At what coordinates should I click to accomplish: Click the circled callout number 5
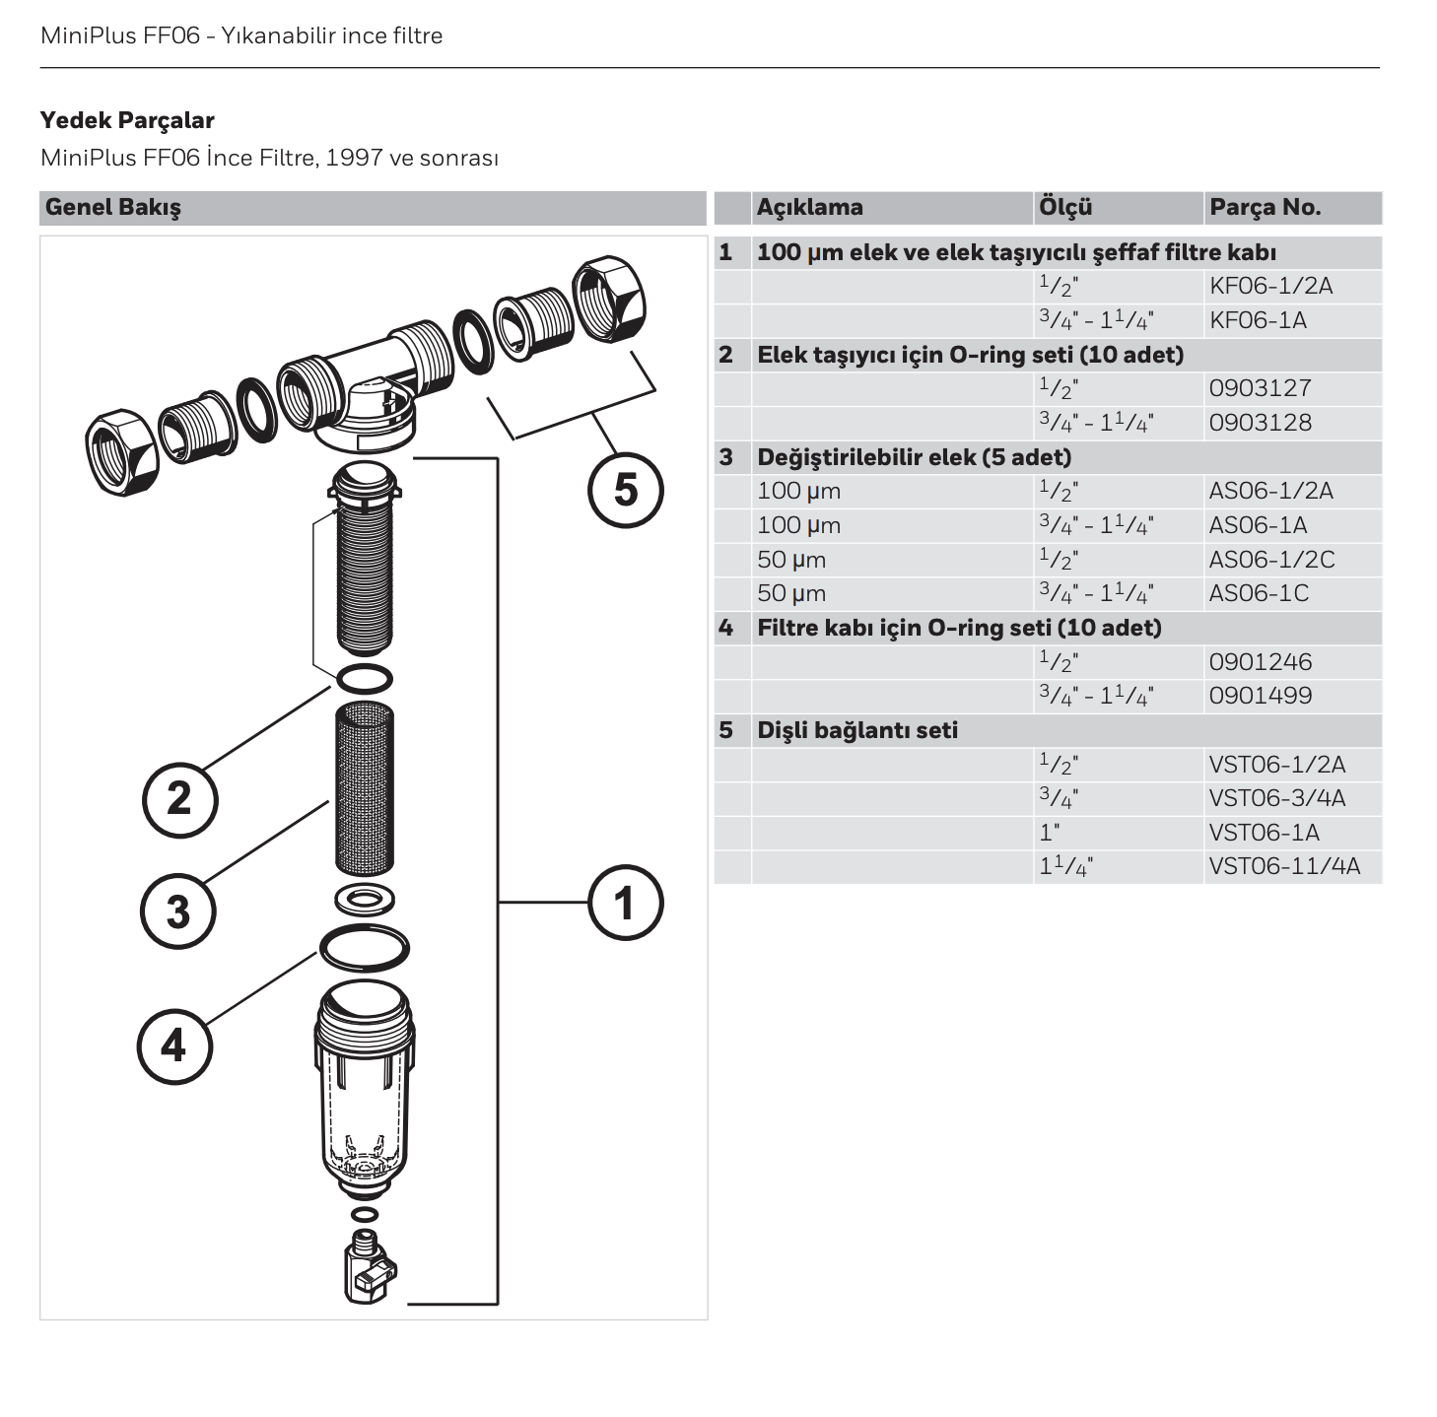(x=626, y=490)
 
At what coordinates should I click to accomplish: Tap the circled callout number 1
(x=626, y=903)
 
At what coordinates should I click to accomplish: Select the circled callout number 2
(x=179, y=798)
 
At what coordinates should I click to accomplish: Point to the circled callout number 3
(x=177, y=911)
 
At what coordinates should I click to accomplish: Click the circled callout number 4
(x=174, y=1046)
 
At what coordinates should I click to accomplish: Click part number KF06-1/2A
(x=1270, y=287)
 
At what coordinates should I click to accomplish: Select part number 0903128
(x=1261, y=423)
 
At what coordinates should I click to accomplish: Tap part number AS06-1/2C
(x=1271, y=560)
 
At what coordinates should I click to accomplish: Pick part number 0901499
(x=1261, y=696)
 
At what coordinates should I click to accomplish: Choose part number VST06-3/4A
(x=1276, y=798)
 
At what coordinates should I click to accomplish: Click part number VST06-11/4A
(x=1284, y=866)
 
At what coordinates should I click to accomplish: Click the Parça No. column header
(x=1265, y=208)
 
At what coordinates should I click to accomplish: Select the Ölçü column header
(x=1065, y=208)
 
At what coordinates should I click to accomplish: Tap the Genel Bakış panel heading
(x=113, y=208)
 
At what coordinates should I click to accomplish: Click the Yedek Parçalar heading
(x=127, y=120)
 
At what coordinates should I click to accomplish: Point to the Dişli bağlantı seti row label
(x=856, y=730)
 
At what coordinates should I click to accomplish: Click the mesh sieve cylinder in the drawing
(x=365, y=786)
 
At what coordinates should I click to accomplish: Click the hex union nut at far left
(x=122, y=452)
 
